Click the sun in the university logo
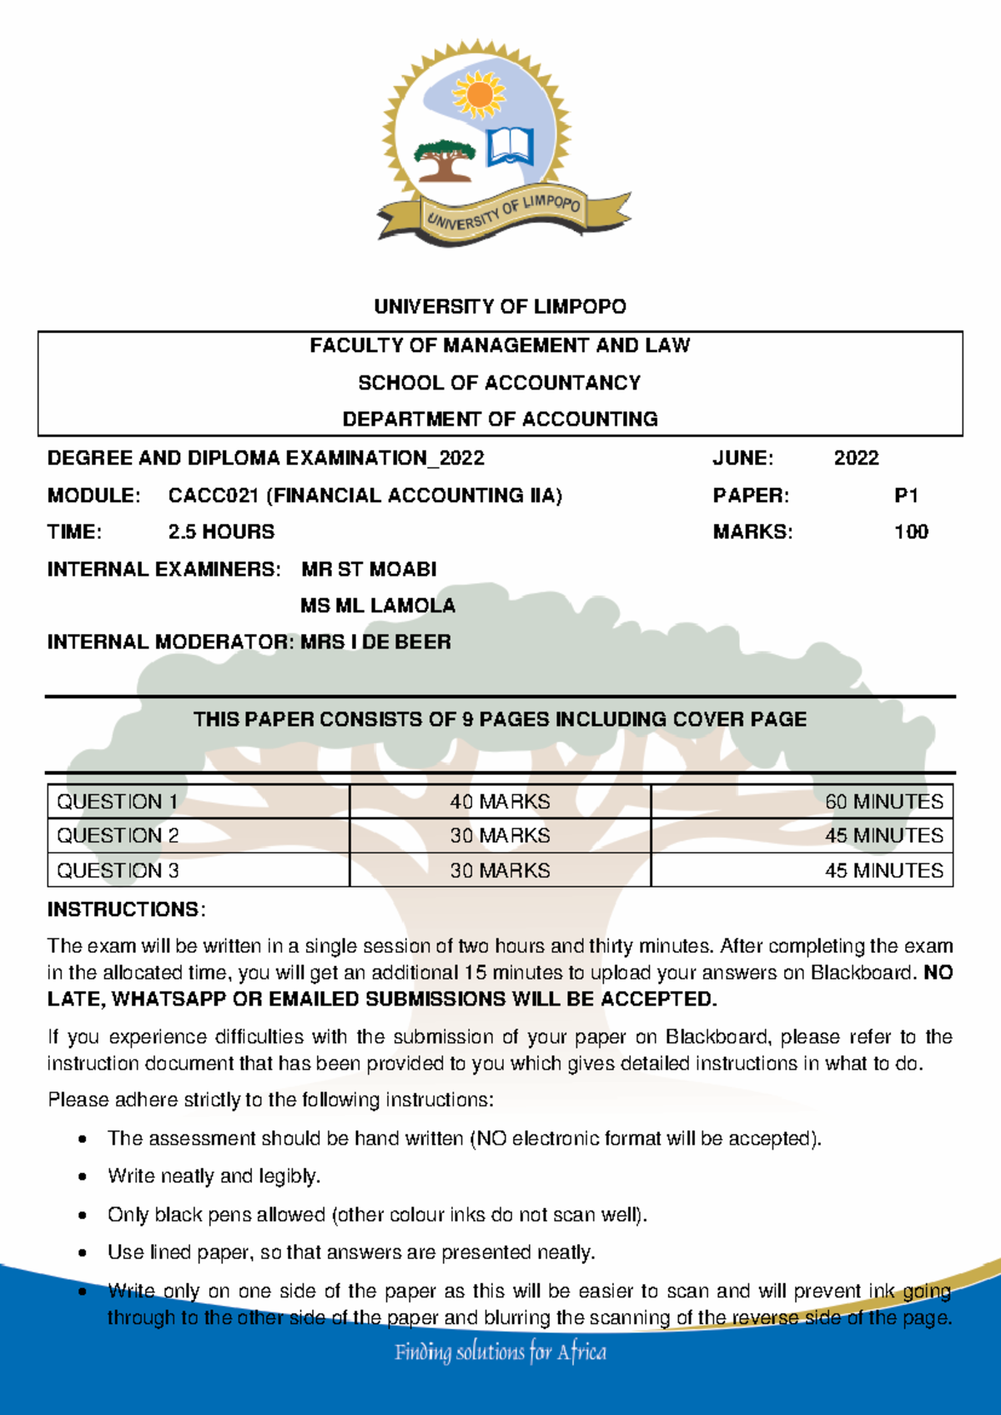point(479,94)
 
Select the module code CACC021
point(214,496)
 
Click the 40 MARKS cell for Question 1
point(500,802)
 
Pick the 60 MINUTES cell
point(883,802)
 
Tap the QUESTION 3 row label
point(118,871)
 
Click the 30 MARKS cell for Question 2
point(500,836)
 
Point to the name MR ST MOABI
point(369,569)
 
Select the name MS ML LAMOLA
point(377,606)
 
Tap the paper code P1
point(906,496)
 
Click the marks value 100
point(911,532)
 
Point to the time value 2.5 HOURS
point(221,532)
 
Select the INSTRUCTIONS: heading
point(126,909)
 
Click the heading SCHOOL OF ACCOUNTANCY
point(500,383)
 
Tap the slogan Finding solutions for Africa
point(500,1352)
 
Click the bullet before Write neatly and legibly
point(82,1177)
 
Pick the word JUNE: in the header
point(742,458)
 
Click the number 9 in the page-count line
point(468,719)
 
